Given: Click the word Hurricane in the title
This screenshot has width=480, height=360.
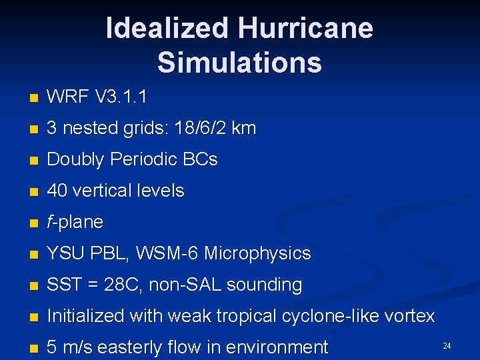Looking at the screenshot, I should (x=305, y=28).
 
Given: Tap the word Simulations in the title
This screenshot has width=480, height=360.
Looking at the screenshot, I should (x=239, y=63).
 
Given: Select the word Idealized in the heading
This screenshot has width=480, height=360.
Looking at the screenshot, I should (x=166, y=28).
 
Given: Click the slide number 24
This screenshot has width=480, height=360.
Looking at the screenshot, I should (x=447, y=345).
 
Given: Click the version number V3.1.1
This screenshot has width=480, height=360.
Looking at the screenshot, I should (x=121, y=97).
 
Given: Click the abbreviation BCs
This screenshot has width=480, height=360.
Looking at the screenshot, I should (x=201, y=159).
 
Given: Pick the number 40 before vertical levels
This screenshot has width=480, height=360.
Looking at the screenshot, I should (x=57, y=191).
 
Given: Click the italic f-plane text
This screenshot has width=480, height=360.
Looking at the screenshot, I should (x=75, y=222).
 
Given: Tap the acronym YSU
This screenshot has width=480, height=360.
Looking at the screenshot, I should (x=65, y=253).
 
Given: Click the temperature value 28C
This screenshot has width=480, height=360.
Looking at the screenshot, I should (x=120, y=285).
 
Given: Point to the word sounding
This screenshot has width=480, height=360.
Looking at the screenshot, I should (x=264, y=285).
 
